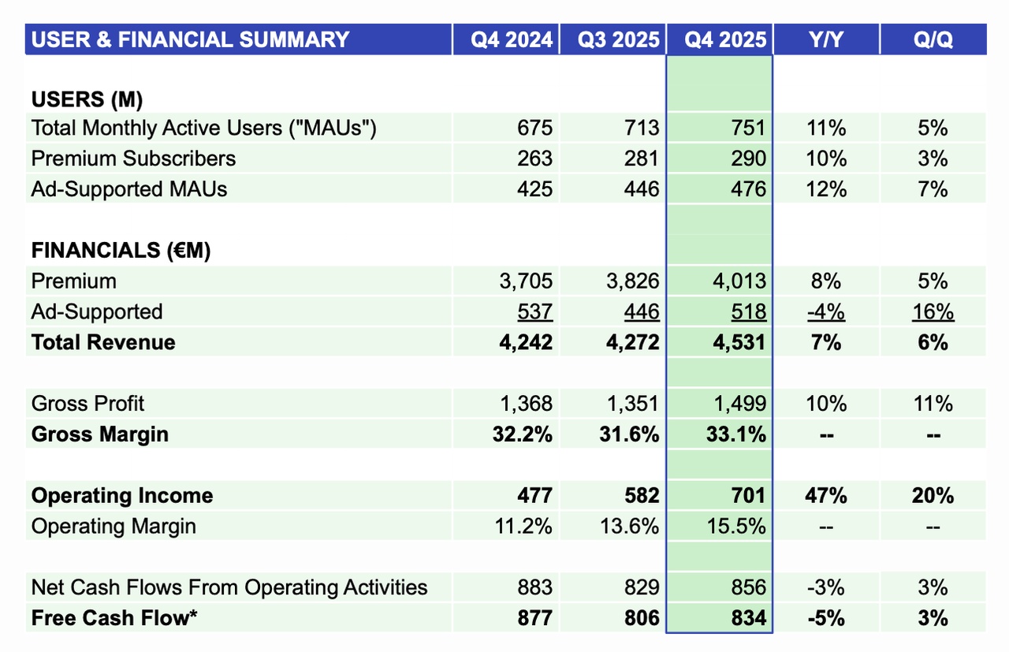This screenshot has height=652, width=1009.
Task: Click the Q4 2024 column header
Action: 512,39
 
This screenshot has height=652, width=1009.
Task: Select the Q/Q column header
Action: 933,39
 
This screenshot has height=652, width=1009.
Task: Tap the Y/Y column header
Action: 825,39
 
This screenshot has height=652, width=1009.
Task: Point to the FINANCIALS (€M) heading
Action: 121,251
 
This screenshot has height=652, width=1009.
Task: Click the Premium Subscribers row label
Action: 133,158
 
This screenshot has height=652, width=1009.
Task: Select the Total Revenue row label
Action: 103,342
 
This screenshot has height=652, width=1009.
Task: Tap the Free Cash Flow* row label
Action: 114,618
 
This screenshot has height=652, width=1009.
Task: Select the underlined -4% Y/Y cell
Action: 825,312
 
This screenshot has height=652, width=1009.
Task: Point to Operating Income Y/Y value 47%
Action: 825,496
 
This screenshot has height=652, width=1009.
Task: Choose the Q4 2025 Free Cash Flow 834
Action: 747,618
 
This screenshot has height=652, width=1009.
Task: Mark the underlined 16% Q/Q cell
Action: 933,312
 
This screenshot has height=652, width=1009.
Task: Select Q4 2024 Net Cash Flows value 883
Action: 535,587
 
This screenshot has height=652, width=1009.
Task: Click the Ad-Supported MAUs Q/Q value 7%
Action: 933,189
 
